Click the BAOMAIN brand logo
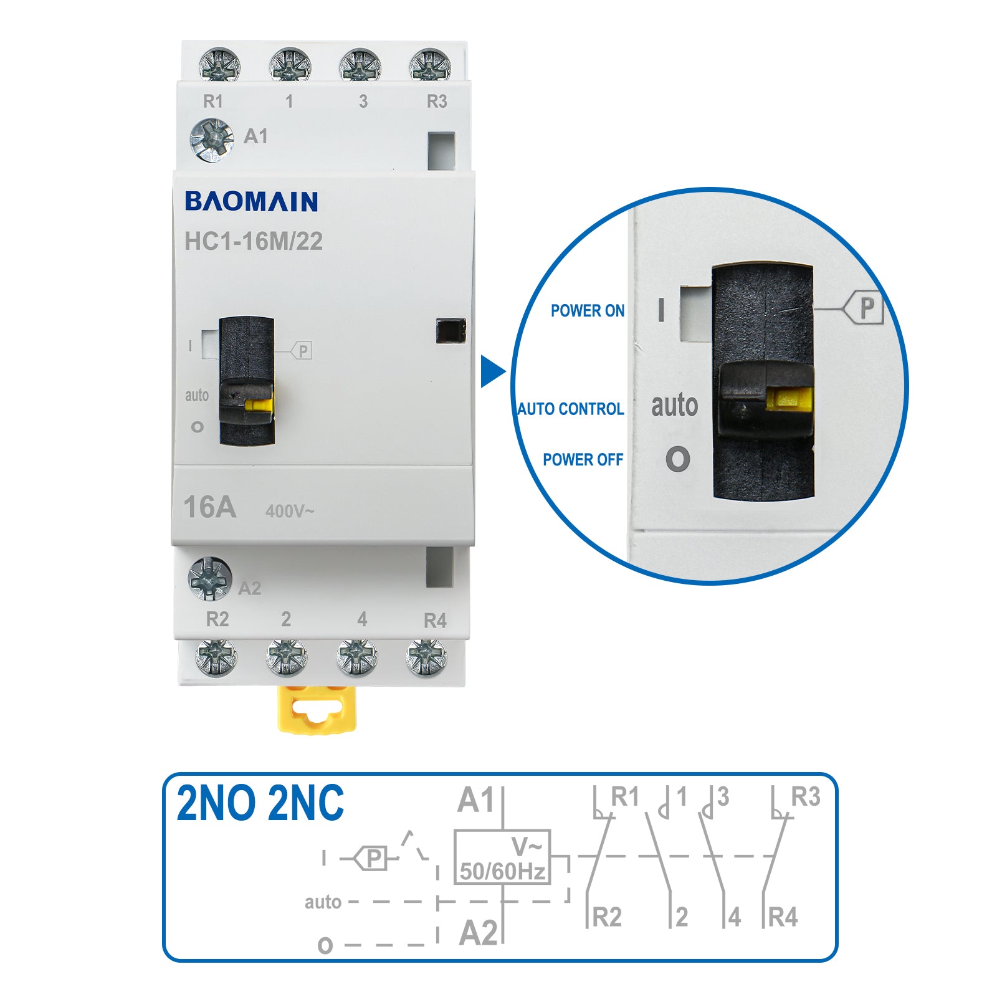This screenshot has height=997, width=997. click(251, 201)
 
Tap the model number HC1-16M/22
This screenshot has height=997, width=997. click(254, 242)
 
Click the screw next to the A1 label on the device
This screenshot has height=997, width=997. click(212, 140)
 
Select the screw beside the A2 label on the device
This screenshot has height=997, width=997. click(210, 578)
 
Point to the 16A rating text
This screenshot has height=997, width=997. click(210, 507)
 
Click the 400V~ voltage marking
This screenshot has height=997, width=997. click(290, 512)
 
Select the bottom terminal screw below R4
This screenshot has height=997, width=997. click(427, 657)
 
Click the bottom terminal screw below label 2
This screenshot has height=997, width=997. click(286, 657)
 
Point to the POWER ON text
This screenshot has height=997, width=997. click(587, 311)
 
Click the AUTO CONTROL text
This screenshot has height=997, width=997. click(571, 409)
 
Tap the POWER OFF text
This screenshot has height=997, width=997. click(583, 460)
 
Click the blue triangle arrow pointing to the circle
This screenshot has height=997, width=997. click(492, 371)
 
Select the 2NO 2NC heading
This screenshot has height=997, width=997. click(260, 803)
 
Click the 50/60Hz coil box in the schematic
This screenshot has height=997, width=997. click(502, 857)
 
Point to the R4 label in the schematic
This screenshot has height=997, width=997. click(783, 917)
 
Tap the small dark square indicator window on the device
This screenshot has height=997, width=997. click(451, 331)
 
